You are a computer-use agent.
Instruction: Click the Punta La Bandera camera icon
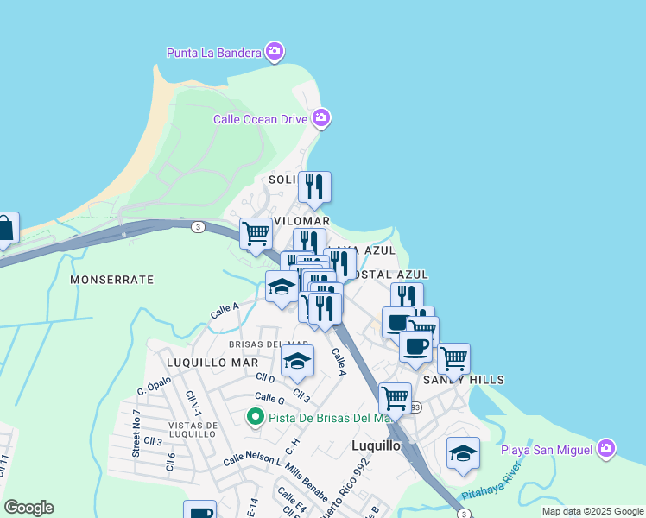(275, 53)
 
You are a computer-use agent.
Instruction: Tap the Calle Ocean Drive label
(260, 118)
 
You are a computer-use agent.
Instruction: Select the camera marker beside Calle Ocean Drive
(321, 117)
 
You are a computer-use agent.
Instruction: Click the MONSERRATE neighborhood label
(111, 280)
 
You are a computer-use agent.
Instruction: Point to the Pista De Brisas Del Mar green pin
(256, 419)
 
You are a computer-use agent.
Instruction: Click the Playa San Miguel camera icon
(606, 449)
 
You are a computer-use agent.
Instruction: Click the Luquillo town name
(377, 446)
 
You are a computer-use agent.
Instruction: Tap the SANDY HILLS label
(463, 380)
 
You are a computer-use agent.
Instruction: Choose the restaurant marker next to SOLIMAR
(314, 186)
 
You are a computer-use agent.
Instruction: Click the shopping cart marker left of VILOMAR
(256, 233)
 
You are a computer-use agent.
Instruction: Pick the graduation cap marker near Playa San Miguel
(463, 453)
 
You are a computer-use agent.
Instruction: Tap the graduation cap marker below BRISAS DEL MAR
(297, 362)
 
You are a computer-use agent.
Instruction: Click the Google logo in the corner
(28, 508)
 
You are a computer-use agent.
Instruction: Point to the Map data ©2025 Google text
(592, 511)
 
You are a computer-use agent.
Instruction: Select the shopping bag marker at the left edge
(4, 230)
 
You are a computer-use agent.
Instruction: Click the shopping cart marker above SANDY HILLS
(453, 357)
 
